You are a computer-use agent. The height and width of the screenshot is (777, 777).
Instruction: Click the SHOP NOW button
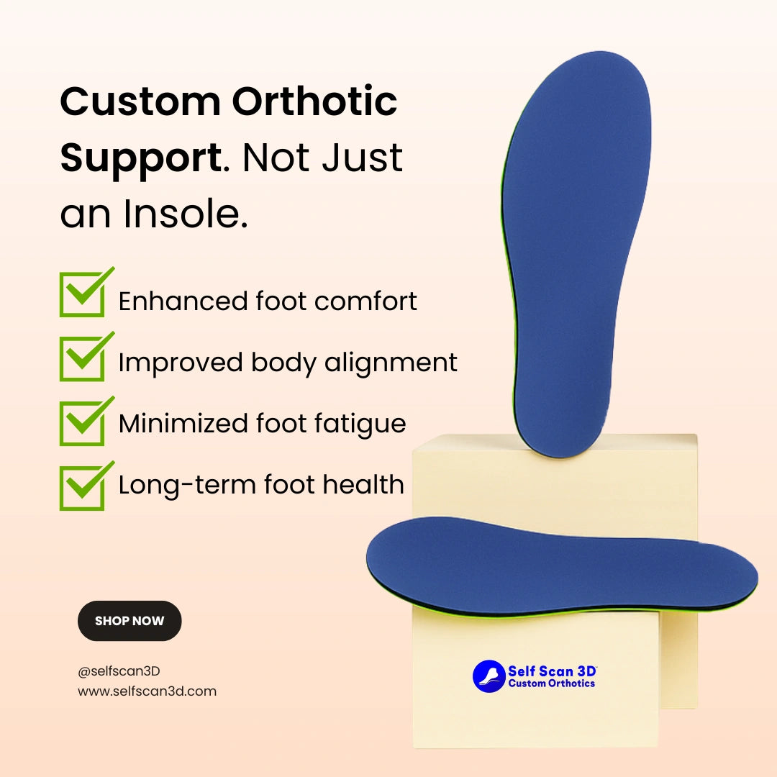(129, 620)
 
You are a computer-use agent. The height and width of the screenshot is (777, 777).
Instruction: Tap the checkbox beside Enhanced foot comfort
(82, 295)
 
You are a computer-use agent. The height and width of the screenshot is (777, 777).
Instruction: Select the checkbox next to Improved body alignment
(82, 359)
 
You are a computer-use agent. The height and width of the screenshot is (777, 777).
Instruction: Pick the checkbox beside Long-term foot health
(82, 489)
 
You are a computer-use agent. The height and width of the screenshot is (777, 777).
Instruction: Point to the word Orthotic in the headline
(314, 101)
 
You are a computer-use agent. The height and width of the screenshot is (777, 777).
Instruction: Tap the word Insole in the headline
(186, 214)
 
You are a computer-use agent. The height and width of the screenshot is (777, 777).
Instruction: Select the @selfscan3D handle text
(119, 671)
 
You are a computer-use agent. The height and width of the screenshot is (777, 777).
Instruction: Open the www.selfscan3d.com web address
(147, 691)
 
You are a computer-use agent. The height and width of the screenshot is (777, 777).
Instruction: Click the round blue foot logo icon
(489, 676)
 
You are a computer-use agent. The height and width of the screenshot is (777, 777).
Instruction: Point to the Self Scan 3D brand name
(552, 671)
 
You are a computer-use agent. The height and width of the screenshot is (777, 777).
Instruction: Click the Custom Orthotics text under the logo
(552, 683)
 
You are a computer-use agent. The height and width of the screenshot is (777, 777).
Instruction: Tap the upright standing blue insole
(576, 253)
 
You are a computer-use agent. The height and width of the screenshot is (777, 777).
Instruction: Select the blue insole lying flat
(562, 565)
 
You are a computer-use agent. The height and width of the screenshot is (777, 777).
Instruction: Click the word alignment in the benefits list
(391, 363)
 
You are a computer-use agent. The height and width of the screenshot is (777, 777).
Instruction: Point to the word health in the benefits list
(363, 484)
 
